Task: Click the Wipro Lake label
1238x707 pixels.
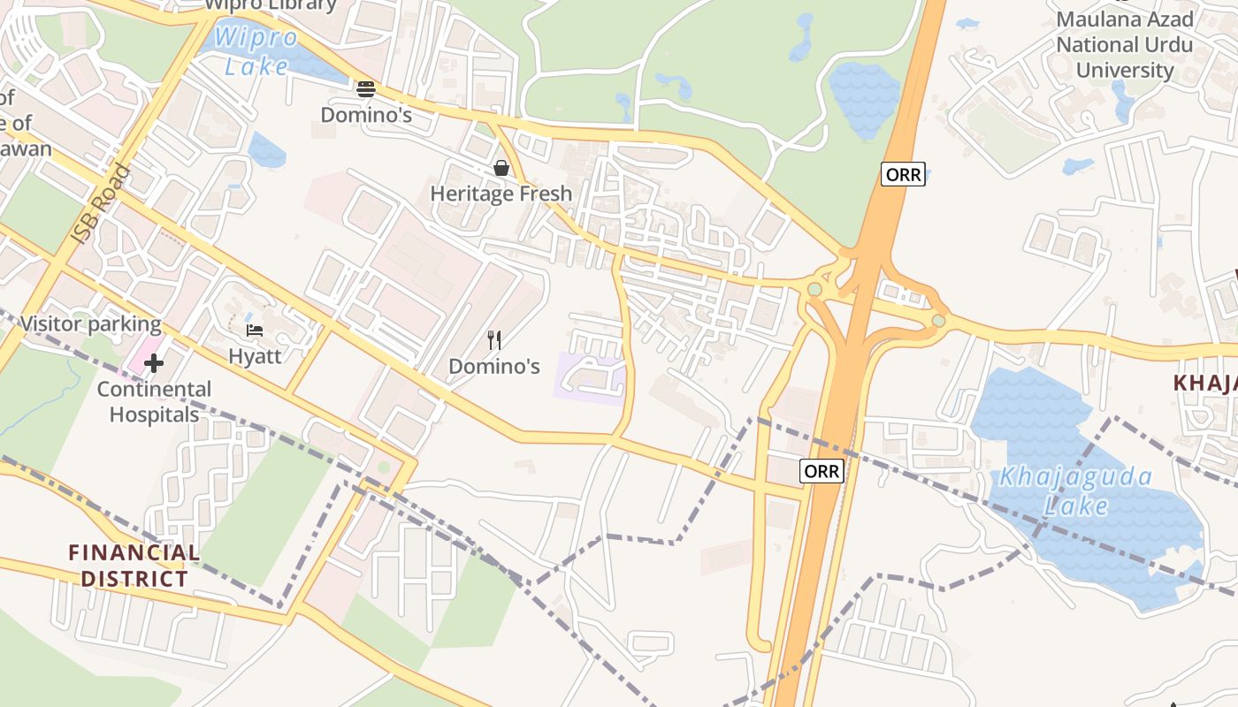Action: click(x=255, y=51)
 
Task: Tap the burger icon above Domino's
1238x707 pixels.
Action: click(x=366, y=88)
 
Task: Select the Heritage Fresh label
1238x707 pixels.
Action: click(x=501, y=194)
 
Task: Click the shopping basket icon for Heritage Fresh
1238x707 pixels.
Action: click(x=501, y=167)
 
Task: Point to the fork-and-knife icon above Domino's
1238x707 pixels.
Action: click(x=494, y=339)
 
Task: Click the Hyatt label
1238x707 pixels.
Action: click(x=255, y=356)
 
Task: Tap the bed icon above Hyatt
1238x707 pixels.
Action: click(x=255, y=331)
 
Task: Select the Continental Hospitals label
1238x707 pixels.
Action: click(x=154, y=401)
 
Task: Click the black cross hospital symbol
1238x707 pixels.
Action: click(x=154, y=363)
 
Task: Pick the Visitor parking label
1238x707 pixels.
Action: click(x=90, y=323)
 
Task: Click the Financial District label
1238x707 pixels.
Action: click(x=134, y=566)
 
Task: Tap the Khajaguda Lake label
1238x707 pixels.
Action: click(x=1075, y=491)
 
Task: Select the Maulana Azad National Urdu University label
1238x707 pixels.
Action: click(x=1124, y=44)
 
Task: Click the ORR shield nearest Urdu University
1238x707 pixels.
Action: click(x=903, y=174)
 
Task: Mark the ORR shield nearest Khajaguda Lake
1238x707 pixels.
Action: click(x=822, y=471)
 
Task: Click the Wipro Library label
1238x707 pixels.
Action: click(x=271, y=5)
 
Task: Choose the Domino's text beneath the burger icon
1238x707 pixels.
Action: click(x=366, y=115)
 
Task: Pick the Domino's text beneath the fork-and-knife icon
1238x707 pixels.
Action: click(x=494, y=366)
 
